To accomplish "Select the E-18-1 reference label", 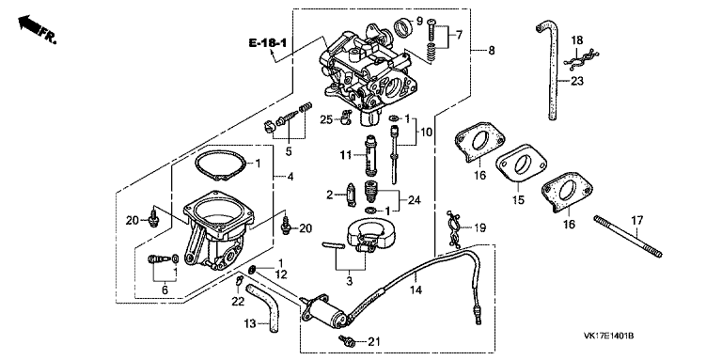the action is [x=268, y=43].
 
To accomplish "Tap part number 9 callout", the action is [x=419, y=21].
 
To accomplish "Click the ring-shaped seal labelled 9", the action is [x=403, y=27].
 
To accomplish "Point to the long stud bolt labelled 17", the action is [x=628, y=236].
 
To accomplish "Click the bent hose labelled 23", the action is [x=551, y=69].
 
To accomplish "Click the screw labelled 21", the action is [x=347, y=341].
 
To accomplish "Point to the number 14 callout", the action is [x=415, y=290].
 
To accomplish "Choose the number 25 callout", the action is [x=326, y=120].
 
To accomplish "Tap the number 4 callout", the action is [x=290, y=177].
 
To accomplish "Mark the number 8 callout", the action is [x=492, y=50].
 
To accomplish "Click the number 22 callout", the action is [x=237, y=300].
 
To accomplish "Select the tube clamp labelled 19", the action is [x=452, y=227].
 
